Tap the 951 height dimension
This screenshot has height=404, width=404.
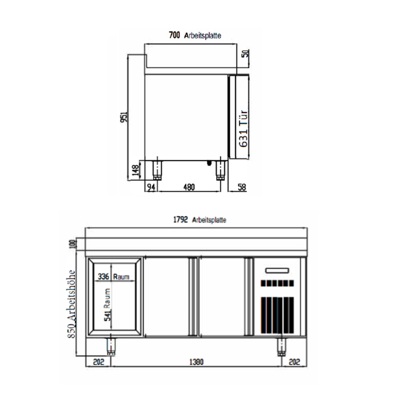coord(124,117)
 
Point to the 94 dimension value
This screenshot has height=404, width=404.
coord(151,187)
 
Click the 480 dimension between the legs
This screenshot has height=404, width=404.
coord(189,187)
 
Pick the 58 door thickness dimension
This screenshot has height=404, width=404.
coord(241,187)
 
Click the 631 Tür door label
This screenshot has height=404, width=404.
coord(243,128)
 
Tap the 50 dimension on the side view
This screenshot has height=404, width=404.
coord(246,53)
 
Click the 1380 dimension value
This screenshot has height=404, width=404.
coord(196,362)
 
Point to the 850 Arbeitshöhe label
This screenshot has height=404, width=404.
coord(71,300)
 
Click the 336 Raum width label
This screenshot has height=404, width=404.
coord(113,276)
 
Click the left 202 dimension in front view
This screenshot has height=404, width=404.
coord(98,362)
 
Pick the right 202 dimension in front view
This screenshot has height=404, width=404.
coord(294,362)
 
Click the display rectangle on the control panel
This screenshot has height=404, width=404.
coord(277,270)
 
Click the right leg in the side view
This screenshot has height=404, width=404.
coord(220,170)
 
